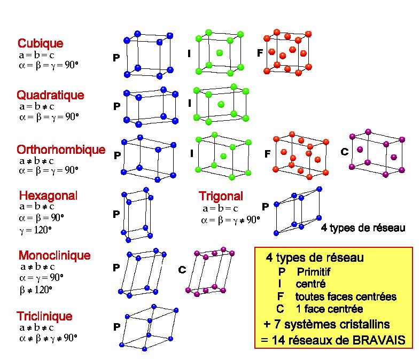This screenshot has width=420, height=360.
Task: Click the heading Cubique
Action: (41, 43)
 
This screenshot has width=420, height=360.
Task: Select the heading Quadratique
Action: (50, 95)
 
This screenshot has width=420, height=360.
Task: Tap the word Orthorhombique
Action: (61, 150)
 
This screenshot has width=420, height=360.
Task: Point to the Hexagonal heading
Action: (48, 195)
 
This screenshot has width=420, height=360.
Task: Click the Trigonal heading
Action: (221, 196)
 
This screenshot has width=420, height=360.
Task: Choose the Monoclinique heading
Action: (55, 255)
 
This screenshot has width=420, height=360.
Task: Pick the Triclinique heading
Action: (44, 316)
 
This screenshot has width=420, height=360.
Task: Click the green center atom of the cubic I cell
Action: (220, 53)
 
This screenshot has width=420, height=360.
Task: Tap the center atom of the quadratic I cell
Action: (221, 104)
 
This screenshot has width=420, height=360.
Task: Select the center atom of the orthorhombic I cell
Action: (223, 156)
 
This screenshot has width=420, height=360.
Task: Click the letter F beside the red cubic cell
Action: (260, 53)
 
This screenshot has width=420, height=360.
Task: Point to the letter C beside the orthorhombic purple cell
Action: (345, 152)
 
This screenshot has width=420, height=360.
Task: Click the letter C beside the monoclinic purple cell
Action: (182, 270)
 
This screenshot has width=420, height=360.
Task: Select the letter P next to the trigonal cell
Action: (265, 207)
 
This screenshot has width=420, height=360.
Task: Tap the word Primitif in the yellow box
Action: (313, 272)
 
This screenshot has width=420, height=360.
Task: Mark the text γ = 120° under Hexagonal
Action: (35, 230)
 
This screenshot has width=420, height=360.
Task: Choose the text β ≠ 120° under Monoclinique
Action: (36, 290)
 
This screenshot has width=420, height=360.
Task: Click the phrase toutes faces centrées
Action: (346, 296)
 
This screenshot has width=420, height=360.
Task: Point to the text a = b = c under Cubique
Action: (37, 55)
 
